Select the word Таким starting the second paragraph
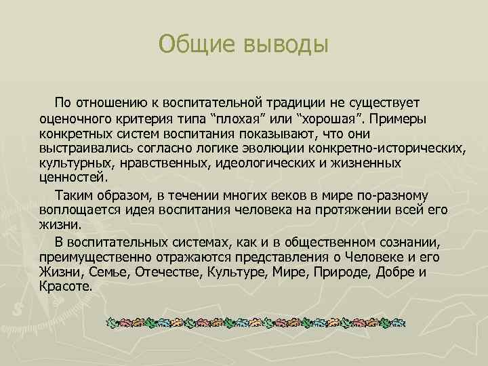(x=75, y=195)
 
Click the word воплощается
(x=77, y=209)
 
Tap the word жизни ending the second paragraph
(x=60, y=224)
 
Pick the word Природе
(x=350, y=272)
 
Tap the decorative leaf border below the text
(x=258, y=322)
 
